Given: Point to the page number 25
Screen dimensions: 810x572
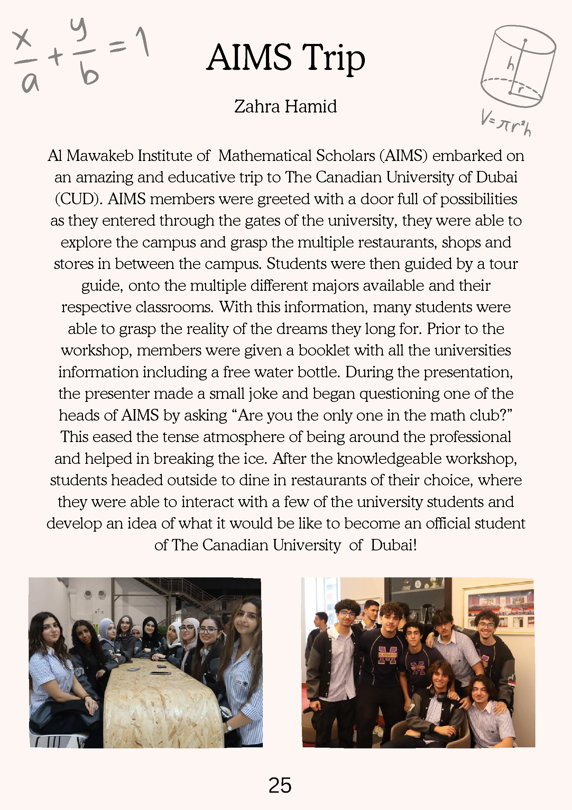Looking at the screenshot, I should pyautogui.click(x=280, y=785).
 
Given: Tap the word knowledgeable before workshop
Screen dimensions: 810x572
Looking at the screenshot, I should pyautogui.click(x=389, y=459).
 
